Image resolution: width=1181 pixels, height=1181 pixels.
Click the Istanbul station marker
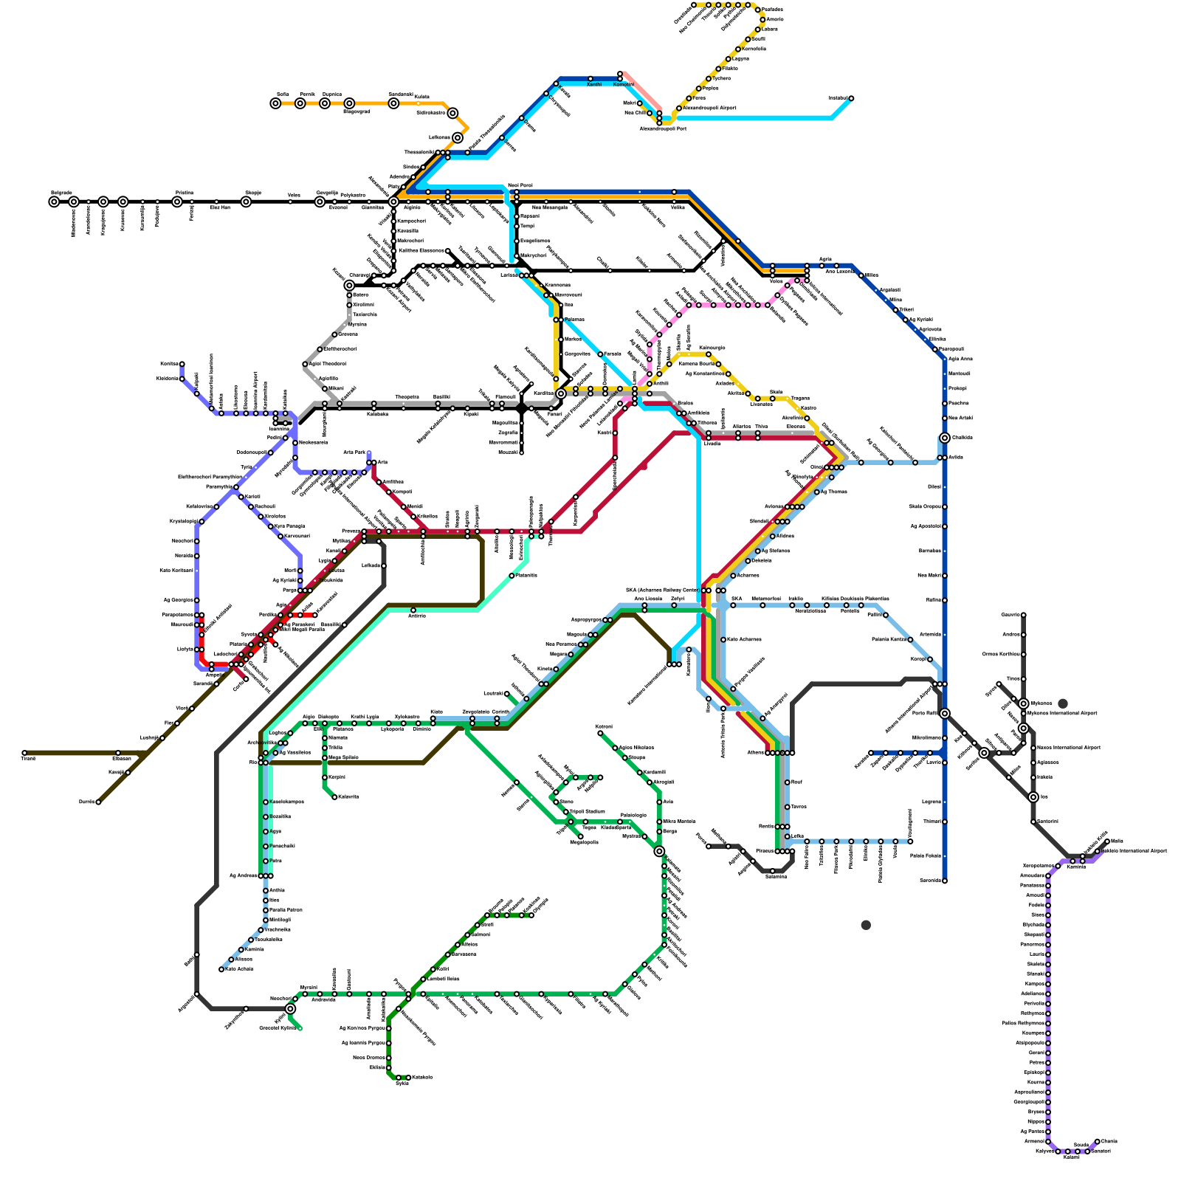pyautogui.click(x=851, y=98)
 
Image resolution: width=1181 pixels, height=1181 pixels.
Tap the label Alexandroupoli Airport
pyautogui.click(x=709, y=108)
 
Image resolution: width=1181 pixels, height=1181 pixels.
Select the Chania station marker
pyautogui.click(x=1098, y=1141)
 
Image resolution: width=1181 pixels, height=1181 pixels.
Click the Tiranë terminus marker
pyautogui.click(x=24, y=753)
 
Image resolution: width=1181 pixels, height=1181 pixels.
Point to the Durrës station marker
pyautogui.click(x=98, y=802)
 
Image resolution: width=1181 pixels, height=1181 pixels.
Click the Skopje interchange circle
pyautogui.click(x=246, y=202)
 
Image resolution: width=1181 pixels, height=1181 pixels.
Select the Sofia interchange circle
pyautogui.click(x=275, y=103)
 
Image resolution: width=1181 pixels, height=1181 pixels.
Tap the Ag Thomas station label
pyautogui.click(x=834, y=492)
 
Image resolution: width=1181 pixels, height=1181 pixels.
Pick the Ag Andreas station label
pyautogui.click(x=243, y=875)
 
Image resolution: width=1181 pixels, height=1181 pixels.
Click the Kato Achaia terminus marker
pyautogui.click(x=221, y=969)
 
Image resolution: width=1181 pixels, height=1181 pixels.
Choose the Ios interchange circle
pyautogui.click(x=1033, y=797)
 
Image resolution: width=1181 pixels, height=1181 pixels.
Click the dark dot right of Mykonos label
pyautogui.click(x=1063, y=703)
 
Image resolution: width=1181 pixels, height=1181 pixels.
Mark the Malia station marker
pyautogui.click(x=1107, y=841)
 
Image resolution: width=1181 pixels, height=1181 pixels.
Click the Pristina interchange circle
pyautogui.click(x=177, y=202)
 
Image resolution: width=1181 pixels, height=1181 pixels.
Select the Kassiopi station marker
pyautogui.click(x=182, y=364)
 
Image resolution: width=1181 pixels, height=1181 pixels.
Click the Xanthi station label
pyautogui.click(x=593, y=85)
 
